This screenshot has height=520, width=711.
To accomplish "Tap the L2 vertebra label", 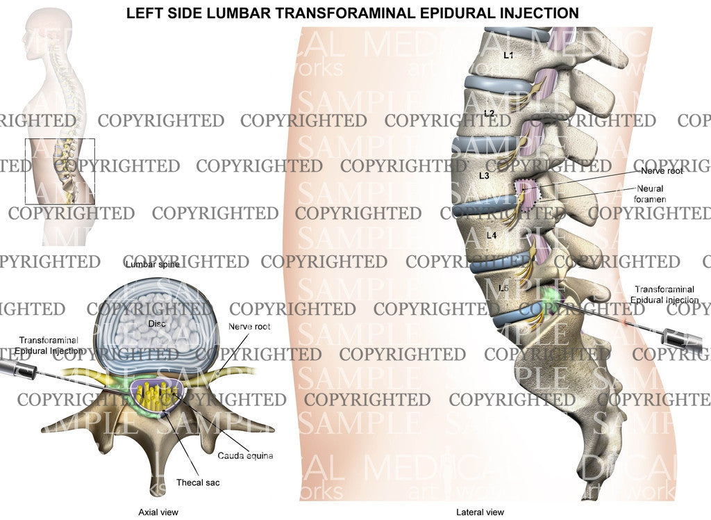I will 489,113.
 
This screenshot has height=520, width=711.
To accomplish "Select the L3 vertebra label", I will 484,176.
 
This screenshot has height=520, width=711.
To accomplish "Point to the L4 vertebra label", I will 492,236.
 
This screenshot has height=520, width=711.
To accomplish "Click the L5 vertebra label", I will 504,286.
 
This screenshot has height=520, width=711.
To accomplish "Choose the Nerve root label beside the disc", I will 249,326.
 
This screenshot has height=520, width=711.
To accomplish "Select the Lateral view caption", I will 480,512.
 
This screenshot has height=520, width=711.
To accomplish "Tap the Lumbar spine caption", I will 151,265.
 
